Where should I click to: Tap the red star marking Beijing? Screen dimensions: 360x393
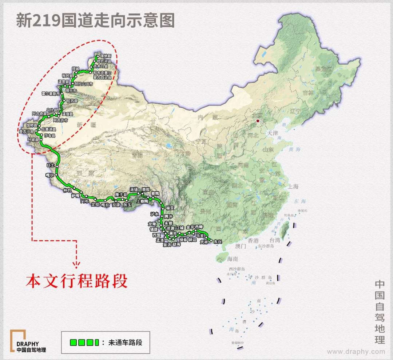258,121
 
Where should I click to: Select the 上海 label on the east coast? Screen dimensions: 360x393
293,187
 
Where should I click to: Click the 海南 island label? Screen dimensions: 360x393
232,259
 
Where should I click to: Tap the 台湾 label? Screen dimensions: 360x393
275,240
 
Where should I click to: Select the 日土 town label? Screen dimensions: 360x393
50,165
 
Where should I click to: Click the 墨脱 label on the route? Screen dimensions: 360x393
146,189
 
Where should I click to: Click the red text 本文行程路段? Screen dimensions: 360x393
76,281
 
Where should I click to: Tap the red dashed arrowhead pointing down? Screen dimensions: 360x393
76,264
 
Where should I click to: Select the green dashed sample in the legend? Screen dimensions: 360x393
84,342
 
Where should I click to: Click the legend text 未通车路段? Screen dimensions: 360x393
125,342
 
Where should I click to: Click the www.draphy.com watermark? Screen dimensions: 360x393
356,352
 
